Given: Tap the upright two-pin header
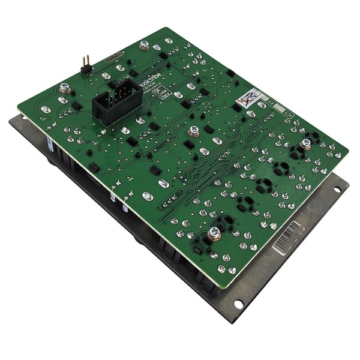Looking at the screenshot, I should tap(85, 63).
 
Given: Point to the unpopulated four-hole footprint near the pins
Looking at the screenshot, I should tap(114, 58).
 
